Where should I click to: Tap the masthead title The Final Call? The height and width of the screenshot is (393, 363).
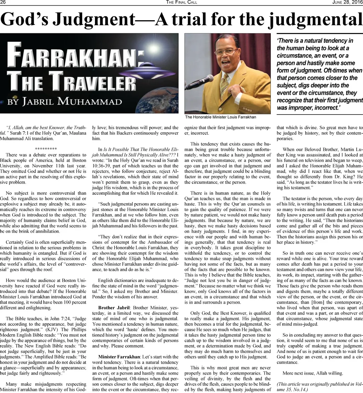point(181,2)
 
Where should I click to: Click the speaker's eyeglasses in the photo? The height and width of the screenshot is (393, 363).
point(226,51)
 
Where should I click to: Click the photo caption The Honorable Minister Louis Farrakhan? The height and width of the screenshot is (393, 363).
point(220,117)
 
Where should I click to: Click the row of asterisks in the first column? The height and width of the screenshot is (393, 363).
point(46,148)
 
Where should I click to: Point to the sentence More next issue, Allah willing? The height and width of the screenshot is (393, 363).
point(308,373)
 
